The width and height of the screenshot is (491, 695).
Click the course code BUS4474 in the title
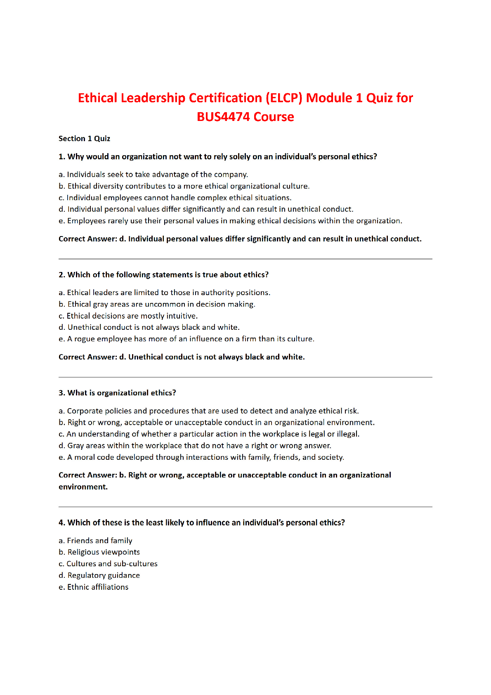pyautogui.click(x=223, y=117)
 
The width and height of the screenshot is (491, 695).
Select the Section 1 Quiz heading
pyautogui.click(x=84, y=139)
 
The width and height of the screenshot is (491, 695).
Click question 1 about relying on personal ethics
pyautogui.click(x=218, y=157)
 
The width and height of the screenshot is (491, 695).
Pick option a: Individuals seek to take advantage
pyautogui.click(x=153, y=175)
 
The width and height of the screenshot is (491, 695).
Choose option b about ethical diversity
pyautogui.click(x=184, y=186)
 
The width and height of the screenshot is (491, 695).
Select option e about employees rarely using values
pyautogui.click(x=230, y=221)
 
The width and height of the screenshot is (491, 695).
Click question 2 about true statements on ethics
pyautogui.click(x=163, y=275)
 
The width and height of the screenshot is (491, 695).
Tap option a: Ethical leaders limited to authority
pyautogui.click(x=164, y=293)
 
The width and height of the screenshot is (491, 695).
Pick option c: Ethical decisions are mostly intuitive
pyautogui.click(x=128, y=316)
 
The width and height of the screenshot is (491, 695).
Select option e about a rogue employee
pyautogui.click(x=186, y=339)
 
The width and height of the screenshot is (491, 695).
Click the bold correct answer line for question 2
pyautogui.click(x=182, y=357)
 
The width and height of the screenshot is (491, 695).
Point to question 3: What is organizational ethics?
pyautogui.click(x=117, y=393)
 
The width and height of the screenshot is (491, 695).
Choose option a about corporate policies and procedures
pyautogui.click(x=209, y=411)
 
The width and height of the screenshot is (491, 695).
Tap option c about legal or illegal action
pyautogui.click(x=209, y=434)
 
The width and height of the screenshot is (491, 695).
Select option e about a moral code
pyautogui.click(x=201, y=457)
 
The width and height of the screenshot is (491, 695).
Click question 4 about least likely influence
pyautogui.click(x=202, y=523)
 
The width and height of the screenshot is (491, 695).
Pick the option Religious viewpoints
pyautogui.click(x=99, y=552)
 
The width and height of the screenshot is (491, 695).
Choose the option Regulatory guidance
pyautogui.click(x=99, y=575)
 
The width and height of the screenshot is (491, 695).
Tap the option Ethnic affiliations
pyautogui.click(x=93, y=587)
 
